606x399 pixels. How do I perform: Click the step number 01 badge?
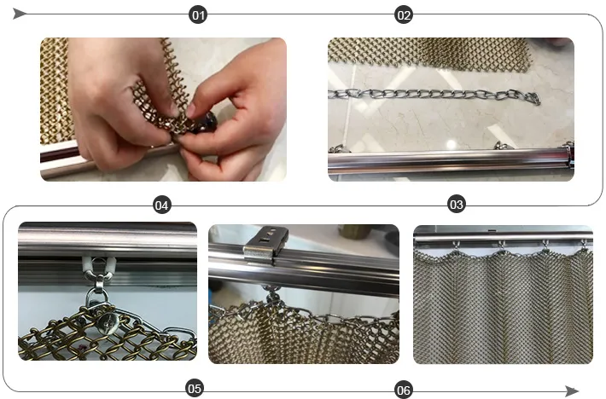point(198,15)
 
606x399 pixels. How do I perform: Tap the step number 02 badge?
point(404,15)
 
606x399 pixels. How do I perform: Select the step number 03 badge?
point(457,204)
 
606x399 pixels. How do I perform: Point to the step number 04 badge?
point(162,205)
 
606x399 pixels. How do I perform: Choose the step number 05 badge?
point(195,388)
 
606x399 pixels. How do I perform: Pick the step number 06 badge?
point(404,390)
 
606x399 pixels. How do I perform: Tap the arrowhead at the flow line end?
point(572,390)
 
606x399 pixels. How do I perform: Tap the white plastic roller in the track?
point(98,265)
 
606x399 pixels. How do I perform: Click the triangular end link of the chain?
point(533,98)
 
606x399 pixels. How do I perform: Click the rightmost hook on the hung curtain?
point(585,245)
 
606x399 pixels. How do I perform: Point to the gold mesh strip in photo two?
point(429,54)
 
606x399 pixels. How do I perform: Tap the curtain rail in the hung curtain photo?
point(504,236)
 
